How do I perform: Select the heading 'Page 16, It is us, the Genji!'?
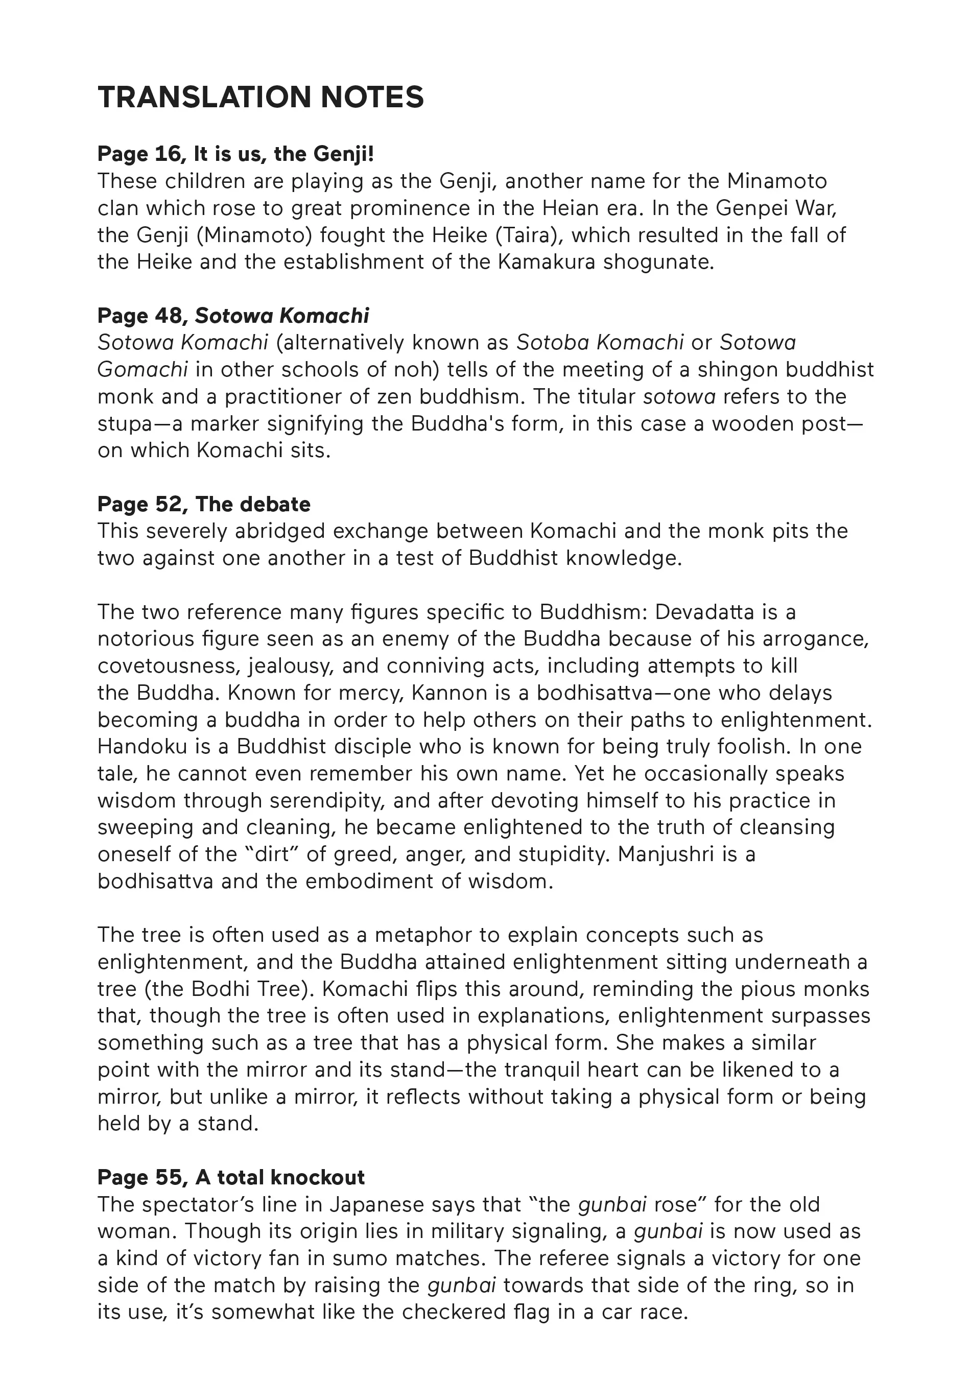tap(235, 154)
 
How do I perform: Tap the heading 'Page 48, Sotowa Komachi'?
tap(233, 316)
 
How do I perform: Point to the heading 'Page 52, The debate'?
tap(204, 504)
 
